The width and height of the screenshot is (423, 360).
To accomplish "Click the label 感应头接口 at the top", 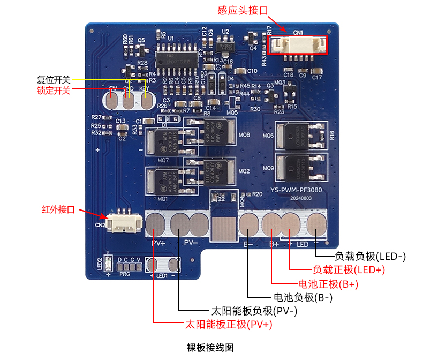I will (x=242, y=10).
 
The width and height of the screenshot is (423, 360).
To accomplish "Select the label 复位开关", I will (x=54, y=79).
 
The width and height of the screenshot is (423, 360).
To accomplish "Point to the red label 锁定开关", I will (x=54, y=91).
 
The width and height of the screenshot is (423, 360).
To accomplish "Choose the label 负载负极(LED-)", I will (x=371, y=257).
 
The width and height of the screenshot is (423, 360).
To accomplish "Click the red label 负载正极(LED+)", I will (x=349, y=270).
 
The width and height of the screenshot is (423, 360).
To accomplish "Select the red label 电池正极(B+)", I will (x=328, y=284).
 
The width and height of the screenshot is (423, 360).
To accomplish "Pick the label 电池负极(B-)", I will (x=304, y=297).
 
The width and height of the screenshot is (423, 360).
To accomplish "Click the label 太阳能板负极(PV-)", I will (x=254, y=311).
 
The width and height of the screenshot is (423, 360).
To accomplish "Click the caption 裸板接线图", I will (x=210, y=347).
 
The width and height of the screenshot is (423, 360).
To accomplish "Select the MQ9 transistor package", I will (x=294, y=167).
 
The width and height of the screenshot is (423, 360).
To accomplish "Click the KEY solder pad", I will (x=144, y=100).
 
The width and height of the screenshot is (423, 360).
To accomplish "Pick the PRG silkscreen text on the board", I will (x=125, y=274).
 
